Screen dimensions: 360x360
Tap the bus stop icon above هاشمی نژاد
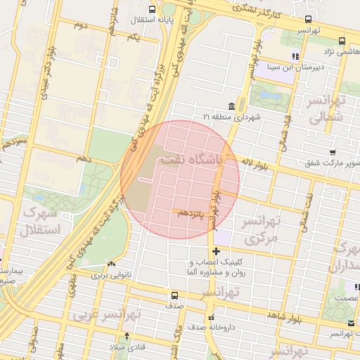tap(342, 41)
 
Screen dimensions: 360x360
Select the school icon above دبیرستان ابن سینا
tap(296, 56)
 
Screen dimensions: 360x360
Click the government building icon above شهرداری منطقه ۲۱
tap(231, 106)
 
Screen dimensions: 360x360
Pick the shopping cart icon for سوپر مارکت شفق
tap(332, 152)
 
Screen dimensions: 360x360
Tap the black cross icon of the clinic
tap(216, 251)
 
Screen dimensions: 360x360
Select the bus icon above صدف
tap(174, 295)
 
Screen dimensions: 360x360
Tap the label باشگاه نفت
tap(191, 160)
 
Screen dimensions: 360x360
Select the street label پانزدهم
tap(191, 212)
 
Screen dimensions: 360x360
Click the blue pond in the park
tap(265, 93)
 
